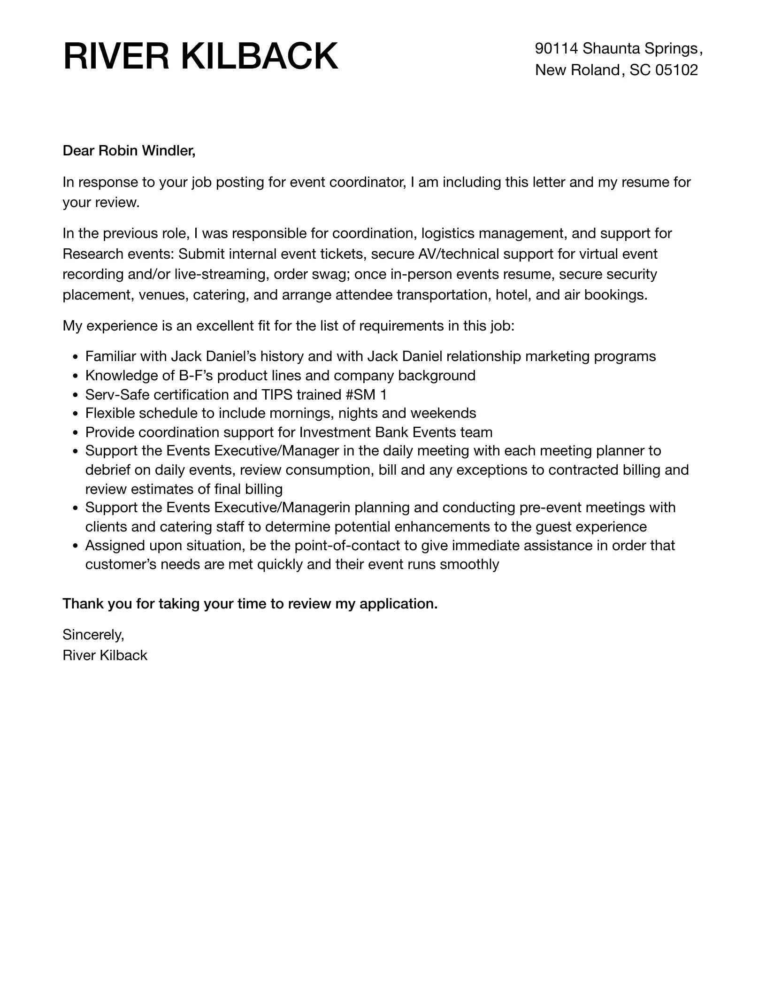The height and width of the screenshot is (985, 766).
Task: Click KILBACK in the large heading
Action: [260, 57]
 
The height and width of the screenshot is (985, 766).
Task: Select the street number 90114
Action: [557, 48]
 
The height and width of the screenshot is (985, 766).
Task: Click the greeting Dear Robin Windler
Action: [129, 151]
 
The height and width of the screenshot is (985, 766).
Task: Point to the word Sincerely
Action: [93, 635]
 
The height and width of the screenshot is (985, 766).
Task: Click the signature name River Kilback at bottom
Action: [105, 655]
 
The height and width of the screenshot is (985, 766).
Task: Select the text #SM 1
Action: [366, 394]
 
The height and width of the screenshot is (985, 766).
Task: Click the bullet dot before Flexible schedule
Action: [77, 414]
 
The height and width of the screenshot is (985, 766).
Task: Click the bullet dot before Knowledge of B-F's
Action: [77, 376]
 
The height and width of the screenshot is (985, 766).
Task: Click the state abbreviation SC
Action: [640, 70]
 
